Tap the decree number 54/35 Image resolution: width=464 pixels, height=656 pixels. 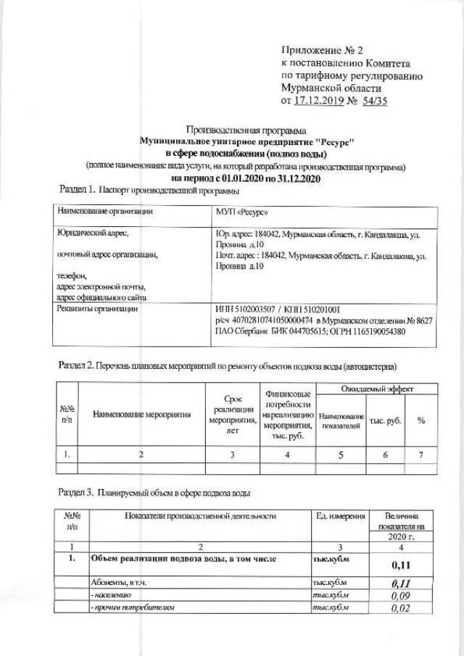coord(375,101)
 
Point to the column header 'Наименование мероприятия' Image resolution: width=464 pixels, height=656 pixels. coord(142,415)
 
